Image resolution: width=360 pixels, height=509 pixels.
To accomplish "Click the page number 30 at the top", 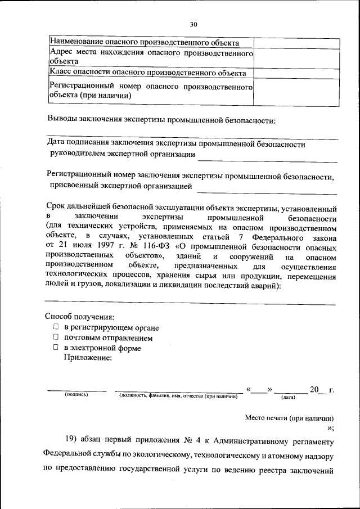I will click(193, 24).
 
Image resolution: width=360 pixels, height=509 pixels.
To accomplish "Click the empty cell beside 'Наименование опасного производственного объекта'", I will click(296, 43).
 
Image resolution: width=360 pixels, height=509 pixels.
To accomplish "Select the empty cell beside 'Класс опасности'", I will click(296, 73).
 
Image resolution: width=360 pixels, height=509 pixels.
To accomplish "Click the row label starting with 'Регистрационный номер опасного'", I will click(149, 92).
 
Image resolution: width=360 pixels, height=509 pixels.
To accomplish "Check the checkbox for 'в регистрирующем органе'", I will click(56, 327).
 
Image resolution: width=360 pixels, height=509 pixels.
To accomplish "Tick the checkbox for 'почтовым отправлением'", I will click(56, 337).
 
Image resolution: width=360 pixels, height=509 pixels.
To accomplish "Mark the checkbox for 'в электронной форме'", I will click(56, 348).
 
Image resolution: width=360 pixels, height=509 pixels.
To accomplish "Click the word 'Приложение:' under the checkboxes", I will click(87, 358).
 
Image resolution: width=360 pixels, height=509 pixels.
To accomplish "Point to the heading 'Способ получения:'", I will click(79, 317).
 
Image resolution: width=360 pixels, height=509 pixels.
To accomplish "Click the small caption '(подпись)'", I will click(76, 396).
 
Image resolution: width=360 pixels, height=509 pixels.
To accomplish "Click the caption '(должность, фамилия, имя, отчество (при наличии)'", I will click(178, 397).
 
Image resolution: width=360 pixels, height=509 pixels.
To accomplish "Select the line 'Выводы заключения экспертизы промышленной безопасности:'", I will click(161, 121).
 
